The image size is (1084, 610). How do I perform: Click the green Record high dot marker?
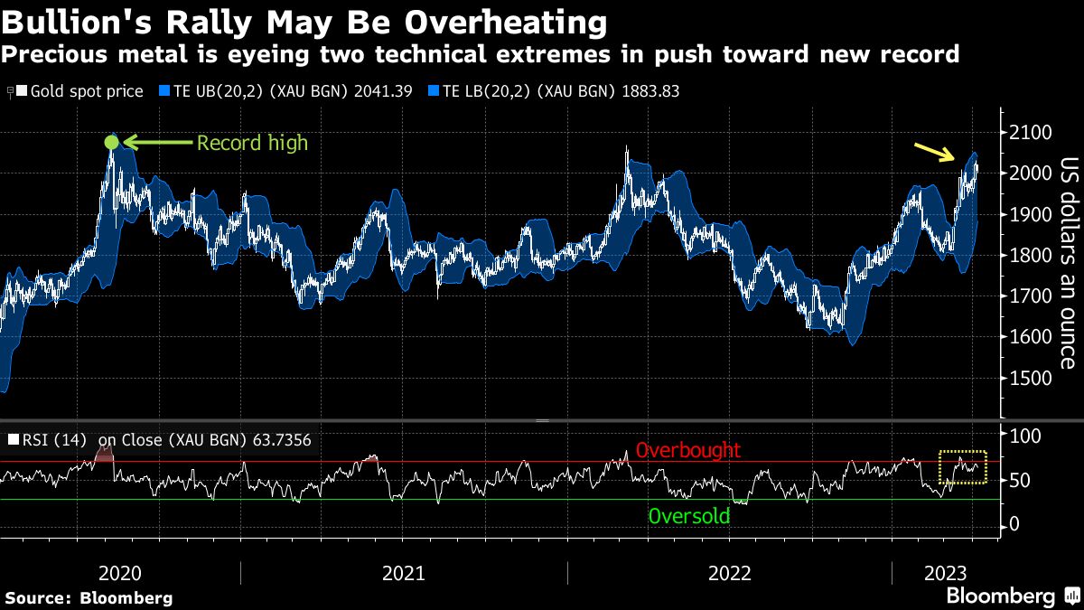(x=111, y=142)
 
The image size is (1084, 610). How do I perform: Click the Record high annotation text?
(x=252, y=143)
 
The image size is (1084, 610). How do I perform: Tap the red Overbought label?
(x=687, y=450)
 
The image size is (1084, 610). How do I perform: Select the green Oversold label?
(x=688, y=516)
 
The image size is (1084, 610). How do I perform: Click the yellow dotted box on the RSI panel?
(x=963, y=466)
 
